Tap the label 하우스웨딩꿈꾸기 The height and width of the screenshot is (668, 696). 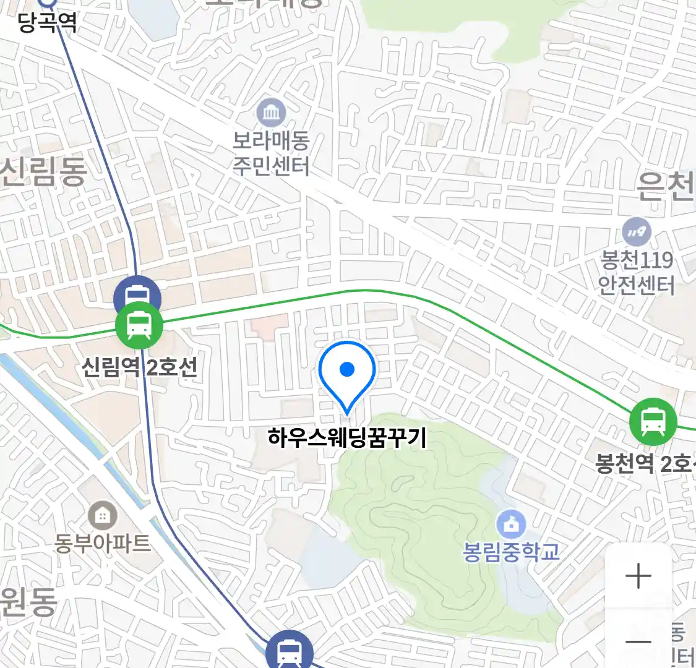347,438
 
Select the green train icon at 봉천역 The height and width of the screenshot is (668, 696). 653,422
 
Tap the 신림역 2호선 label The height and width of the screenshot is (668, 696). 140,367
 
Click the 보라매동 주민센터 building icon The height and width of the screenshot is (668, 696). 271,113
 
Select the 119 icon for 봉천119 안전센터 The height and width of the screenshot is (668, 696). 637,233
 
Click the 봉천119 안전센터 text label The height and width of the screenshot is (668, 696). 637,272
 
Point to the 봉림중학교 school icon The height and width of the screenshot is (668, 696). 511,525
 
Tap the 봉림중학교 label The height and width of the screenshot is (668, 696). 511,551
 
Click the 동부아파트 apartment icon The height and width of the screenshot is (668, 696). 102,515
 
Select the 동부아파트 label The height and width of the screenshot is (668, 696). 102,543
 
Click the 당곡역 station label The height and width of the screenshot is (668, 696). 47,23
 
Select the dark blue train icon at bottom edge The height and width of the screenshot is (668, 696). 289,651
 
